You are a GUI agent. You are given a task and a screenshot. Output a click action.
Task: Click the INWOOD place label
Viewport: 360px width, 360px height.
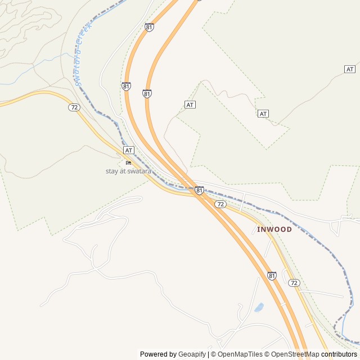(274, 229)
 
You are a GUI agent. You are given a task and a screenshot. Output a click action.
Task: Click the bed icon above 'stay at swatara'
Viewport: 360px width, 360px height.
(128, 163)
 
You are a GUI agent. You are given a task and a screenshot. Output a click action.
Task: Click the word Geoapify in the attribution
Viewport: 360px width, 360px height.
(192, 354)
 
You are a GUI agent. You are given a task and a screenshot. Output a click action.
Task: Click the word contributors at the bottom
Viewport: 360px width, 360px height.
(339, 354)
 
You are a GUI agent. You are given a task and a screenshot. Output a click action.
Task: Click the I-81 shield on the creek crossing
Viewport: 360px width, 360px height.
(199, 191)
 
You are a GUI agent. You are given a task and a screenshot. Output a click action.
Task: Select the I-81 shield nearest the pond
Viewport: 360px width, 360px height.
(272, 276)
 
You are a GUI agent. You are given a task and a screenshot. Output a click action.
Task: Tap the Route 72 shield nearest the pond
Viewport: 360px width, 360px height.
(293, 282)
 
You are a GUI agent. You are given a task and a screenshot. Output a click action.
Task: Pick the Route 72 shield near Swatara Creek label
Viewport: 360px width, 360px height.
(74, 107)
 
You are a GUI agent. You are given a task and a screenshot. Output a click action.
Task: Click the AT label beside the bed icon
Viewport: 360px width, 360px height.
(129, 150)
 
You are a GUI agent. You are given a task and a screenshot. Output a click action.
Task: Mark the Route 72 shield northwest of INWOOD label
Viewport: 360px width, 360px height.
(220, 204)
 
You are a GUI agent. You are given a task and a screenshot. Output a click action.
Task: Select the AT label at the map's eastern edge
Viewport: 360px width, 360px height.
(350, 69)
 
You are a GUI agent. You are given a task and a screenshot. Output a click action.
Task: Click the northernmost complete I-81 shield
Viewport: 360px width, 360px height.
(149, 27)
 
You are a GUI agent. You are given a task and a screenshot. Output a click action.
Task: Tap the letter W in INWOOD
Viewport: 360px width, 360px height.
(270, 229)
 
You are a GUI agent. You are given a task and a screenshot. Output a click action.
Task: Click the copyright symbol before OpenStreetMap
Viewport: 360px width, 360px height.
(268, 354)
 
